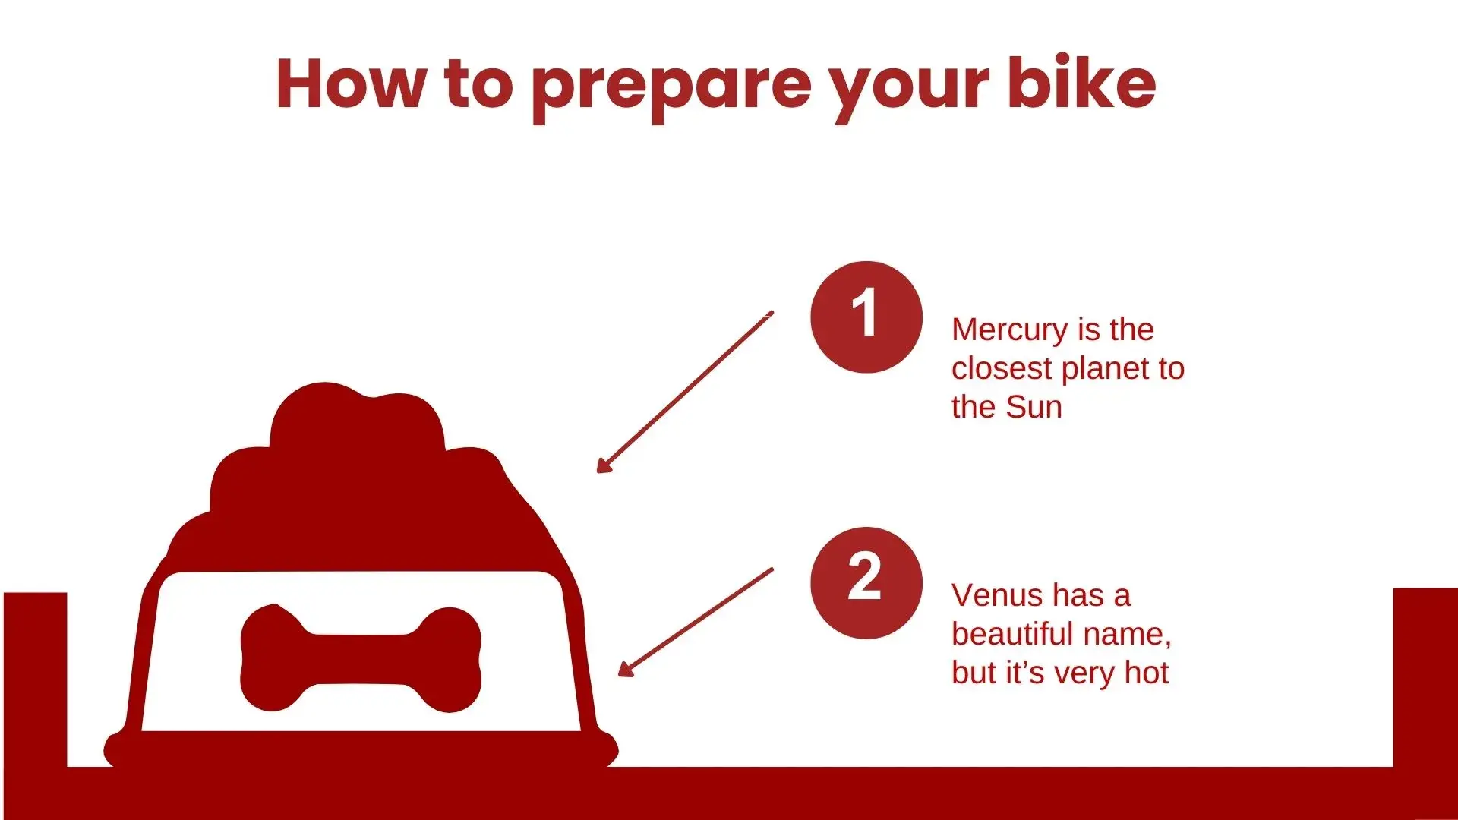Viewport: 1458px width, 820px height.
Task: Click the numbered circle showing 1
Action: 866,317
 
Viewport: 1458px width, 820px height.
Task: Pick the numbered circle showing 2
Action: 866,582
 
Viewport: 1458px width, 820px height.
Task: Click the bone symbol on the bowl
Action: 361,658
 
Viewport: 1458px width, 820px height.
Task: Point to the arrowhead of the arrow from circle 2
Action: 626,668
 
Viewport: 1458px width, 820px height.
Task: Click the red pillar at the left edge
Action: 35,680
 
